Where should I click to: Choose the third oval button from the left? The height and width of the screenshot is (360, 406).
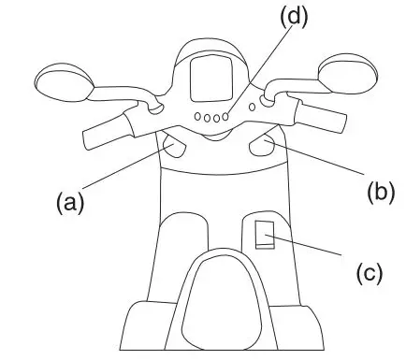coord(217,118)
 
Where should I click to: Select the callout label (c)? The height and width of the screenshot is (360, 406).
coord(372,272)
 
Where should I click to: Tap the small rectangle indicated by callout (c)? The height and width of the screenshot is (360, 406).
coord(265,235)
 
